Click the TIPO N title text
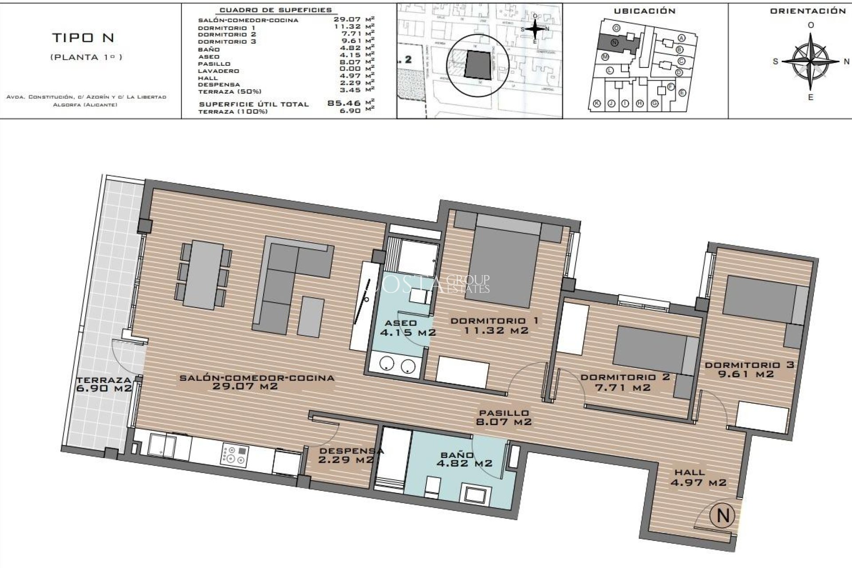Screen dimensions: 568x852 [x=83, y=38]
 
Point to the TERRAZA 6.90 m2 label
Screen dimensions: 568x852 [x=103, y=384]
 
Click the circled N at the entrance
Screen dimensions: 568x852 [x=722, y=516]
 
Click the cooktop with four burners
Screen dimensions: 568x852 [x=235, y=456]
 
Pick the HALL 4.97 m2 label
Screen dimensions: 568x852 [x=698, y=477]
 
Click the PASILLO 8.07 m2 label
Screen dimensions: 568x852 [x=503, y=417]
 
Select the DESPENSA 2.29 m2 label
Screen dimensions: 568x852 [x=351, y=455]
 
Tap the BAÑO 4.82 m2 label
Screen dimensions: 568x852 [x=464, y=459]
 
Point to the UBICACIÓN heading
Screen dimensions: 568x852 [x=644, y=11]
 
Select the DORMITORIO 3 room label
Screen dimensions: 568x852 [x=749, y=369]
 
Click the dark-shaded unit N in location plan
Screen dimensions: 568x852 [x=615, y=43]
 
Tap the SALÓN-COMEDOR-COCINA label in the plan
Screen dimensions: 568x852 [x=256, y=382]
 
